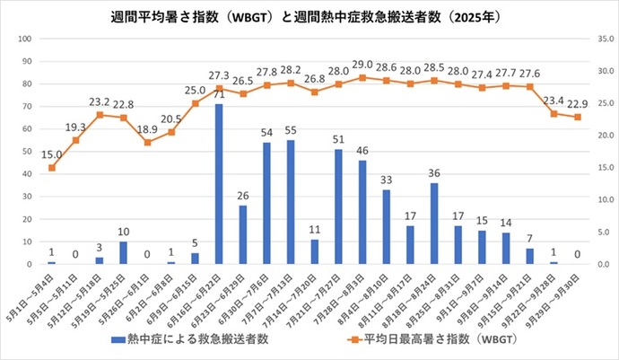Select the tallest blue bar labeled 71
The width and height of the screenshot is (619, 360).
pos(218,184)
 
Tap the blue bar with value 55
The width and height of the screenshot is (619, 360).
pos(291,202)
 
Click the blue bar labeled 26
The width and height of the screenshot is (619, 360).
pos(242,234)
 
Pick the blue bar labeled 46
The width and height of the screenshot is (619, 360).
pos(362,212)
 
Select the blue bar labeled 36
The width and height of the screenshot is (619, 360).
pos(434,224)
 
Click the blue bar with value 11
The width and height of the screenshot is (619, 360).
pos(314,251)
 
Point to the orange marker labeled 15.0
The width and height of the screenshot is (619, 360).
pos(52,168)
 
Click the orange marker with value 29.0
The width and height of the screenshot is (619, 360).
pos(362,77)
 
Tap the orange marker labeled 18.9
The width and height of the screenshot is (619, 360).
pos(147,143)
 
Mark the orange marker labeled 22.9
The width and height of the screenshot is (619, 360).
pos(578,117)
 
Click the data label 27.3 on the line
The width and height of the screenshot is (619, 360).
pos(218,75)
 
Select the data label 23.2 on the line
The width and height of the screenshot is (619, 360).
pos(100,102)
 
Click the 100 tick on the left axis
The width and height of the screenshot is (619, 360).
pos(25,39)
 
